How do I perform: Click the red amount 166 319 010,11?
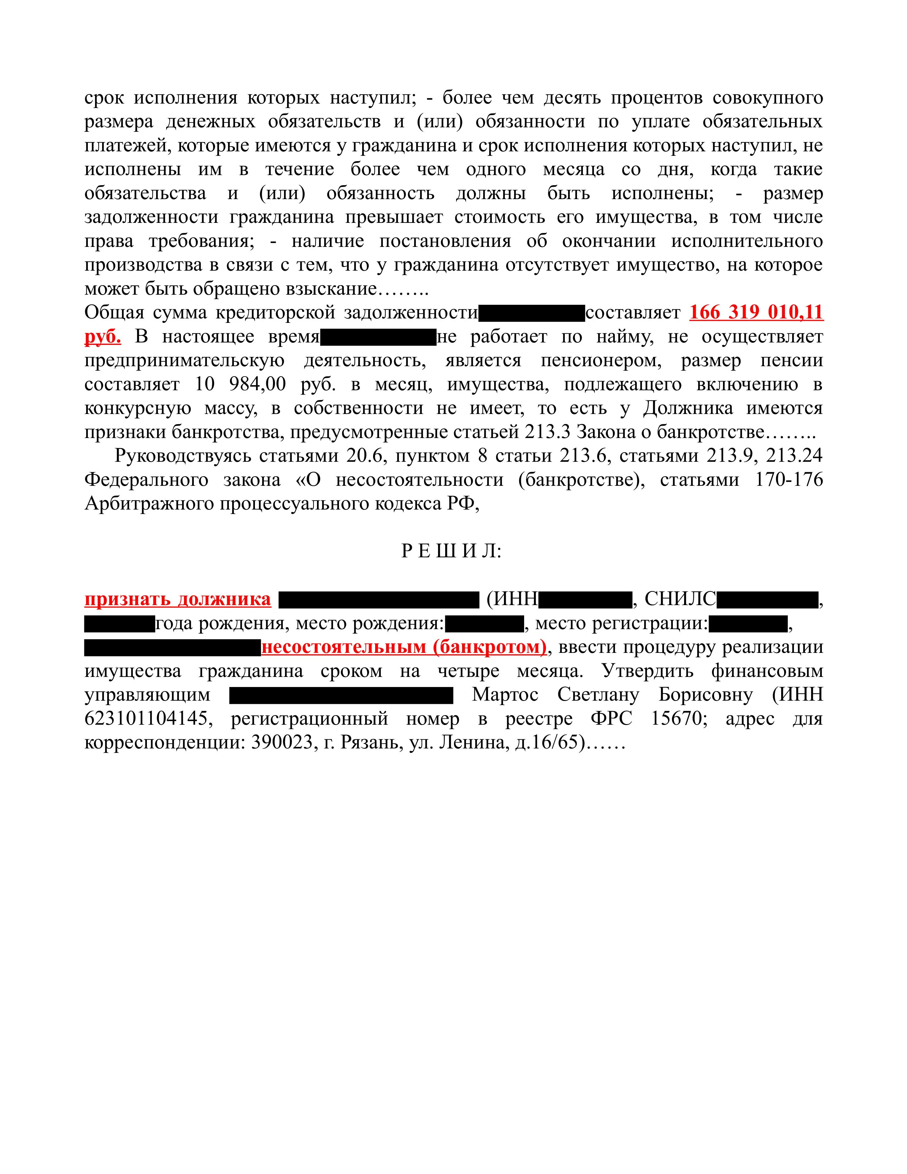(756, 312)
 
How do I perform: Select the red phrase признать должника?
(177, 599)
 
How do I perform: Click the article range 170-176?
(789, 480)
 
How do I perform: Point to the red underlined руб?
(103, 337)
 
